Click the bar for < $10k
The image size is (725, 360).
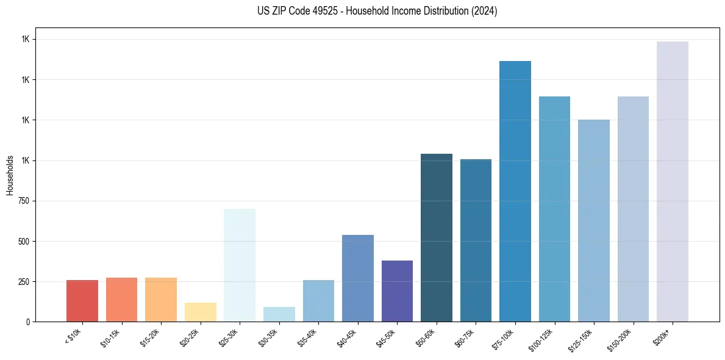pos(82,301)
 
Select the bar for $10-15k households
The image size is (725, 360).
pos(121,300)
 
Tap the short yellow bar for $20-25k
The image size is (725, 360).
pos(201,312)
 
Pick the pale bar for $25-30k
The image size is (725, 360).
pos(240,265)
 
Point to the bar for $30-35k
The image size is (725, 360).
pos(279,314)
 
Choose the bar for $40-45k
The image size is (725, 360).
pos(358,278)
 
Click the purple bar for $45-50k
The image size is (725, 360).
pos(397,291)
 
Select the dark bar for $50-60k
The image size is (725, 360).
pos(437,237)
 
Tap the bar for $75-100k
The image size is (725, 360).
pos(515,191)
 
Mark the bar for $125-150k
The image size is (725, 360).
pos(594,220)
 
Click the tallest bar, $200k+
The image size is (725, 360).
pos(673,181)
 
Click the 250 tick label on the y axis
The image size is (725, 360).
pos(24,282)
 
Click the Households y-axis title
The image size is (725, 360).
pos(10,175)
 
